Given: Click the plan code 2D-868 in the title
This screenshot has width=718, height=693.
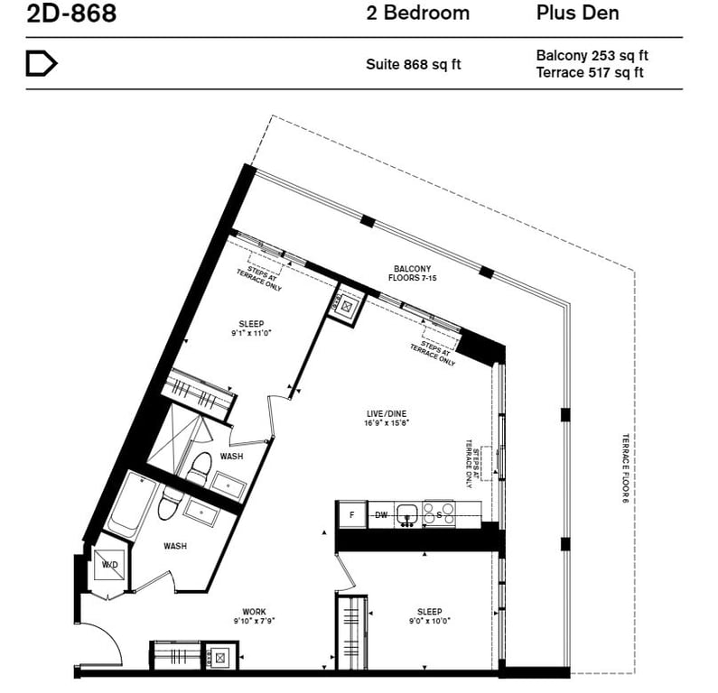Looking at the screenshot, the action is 71,13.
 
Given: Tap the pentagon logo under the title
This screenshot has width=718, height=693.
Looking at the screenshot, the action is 42,63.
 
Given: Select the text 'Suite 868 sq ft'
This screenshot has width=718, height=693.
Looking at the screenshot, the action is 413,64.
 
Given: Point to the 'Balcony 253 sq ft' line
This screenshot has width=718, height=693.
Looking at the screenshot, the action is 592,55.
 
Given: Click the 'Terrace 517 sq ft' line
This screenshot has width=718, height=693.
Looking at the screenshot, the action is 590,72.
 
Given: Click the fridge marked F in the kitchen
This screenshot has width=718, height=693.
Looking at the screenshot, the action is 352,514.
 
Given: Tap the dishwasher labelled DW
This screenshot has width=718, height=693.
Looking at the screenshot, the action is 381,515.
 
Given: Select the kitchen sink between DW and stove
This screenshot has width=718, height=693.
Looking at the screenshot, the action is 408,514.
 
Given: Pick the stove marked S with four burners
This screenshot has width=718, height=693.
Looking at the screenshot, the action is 439,513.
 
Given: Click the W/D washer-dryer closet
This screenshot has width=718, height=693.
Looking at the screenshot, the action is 109,565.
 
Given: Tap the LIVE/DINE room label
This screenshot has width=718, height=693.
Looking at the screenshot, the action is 387,418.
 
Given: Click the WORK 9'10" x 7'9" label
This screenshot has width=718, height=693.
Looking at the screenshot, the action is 254,615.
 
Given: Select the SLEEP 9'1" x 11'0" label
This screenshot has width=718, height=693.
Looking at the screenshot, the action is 251,328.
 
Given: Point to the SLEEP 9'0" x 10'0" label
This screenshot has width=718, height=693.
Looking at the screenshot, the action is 430,615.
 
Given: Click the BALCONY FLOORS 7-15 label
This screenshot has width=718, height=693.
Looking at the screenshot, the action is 412,273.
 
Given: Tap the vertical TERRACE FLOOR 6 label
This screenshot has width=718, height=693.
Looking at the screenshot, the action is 626,468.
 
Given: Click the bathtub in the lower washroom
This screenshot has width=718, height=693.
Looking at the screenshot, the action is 129,505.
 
